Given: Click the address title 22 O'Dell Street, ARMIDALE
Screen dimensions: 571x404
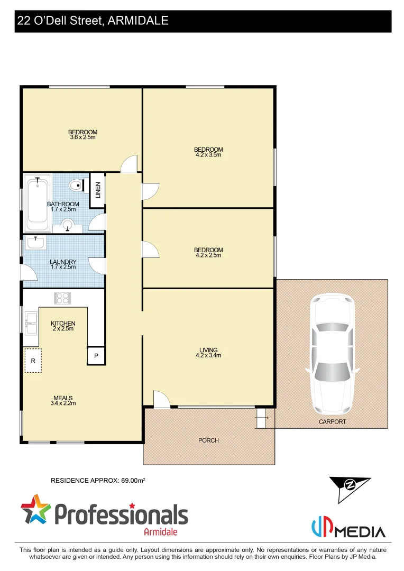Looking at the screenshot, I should (93, 21).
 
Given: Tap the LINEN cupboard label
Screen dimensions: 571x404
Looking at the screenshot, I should (97, 190).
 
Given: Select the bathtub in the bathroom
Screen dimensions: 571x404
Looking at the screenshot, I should (37, 202).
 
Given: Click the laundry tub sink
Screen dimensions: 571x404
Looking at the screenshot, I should (35, 243).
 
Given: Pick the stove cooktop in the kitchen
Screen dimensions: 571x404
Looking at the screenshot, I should (62, 297).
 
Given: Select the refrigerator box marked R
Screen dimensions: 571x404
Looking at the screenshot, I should (33, 361).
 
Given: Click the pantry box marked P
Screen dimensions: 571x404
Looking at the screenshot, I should (96, 356).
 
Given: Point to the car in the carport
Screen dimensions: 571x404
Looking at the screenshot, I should (332, 354).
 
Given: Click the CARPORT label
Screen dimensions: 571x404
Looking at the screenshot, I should (332, 421).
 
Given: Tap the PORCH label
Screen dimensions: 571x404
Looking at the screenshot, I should (209, 440).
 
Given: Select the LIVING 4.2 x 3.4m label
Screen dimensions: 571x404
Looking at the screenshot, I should (208, 353).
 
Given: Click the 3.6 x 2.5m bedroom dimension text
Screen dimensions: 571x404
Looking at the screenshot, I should (82, 137).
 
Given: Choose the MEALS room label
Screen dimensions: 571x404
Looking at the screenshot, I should (63, 398).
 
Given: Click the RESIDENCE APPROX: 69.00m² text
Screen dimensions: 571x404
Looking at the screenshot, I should (98, 481).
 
